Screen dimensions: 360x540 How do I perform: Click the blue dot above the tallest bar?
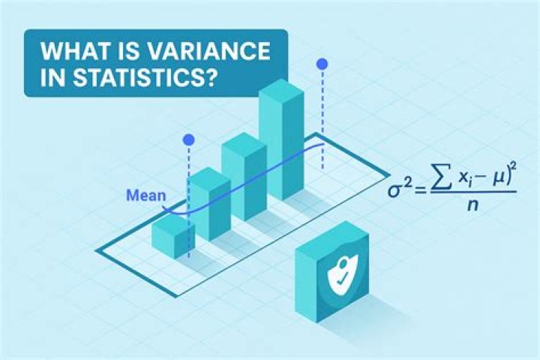pos(323,64)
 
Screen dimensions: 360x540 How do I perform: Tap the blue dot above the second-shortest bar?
pos(188,139)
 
